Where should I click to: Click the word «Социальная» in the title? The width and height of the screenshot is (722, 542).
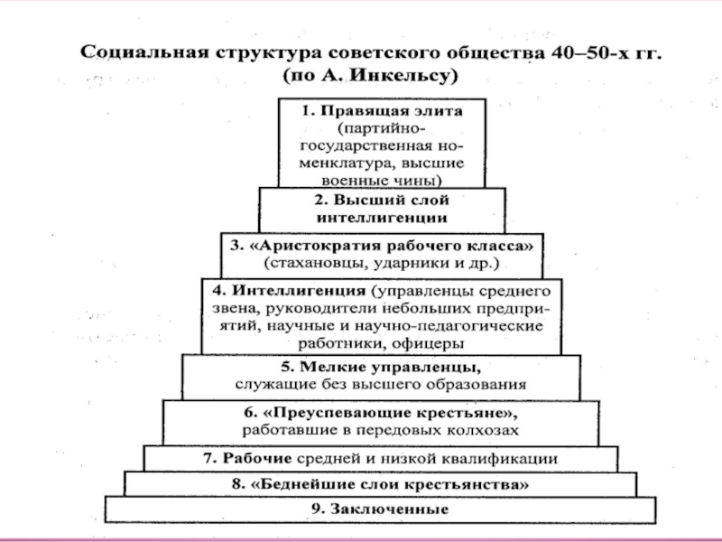tap(146, 52)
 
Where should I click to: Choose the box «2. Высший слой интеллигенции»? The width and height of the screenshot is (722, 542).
tap(382, 209)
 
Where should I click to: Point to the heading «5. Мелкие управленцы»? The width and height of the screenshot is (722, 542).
tap(381, 368)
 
